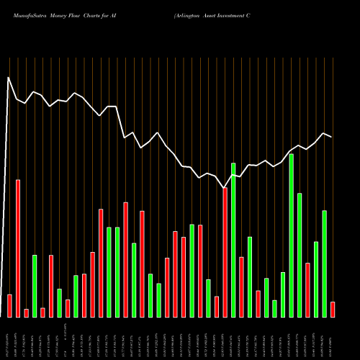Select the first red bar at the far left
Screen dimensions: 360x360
(x=9, y=305)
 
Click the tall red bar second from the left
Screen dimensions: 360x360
(x=18, y=248)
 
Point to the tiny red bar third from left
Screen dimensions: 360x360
(x=27, y=312)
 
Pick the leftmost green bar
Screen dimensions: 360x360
(x=35, y=286)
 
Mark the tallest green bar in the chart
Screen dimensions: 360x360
(x=292, y=235)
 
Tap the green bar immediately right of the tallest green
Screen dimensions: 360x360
(x=300, y=255)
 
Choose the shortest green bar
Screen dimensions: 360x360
(x=274, y=308)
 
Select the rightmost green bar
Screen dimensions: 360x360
(x=324, y=264)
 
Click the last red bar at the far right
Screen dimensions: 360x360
(x=333, y=309)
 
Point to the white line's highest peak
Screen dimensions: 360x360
(x=9, y=77)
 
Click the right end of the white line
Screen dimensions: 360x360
(x=332, y=137)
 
